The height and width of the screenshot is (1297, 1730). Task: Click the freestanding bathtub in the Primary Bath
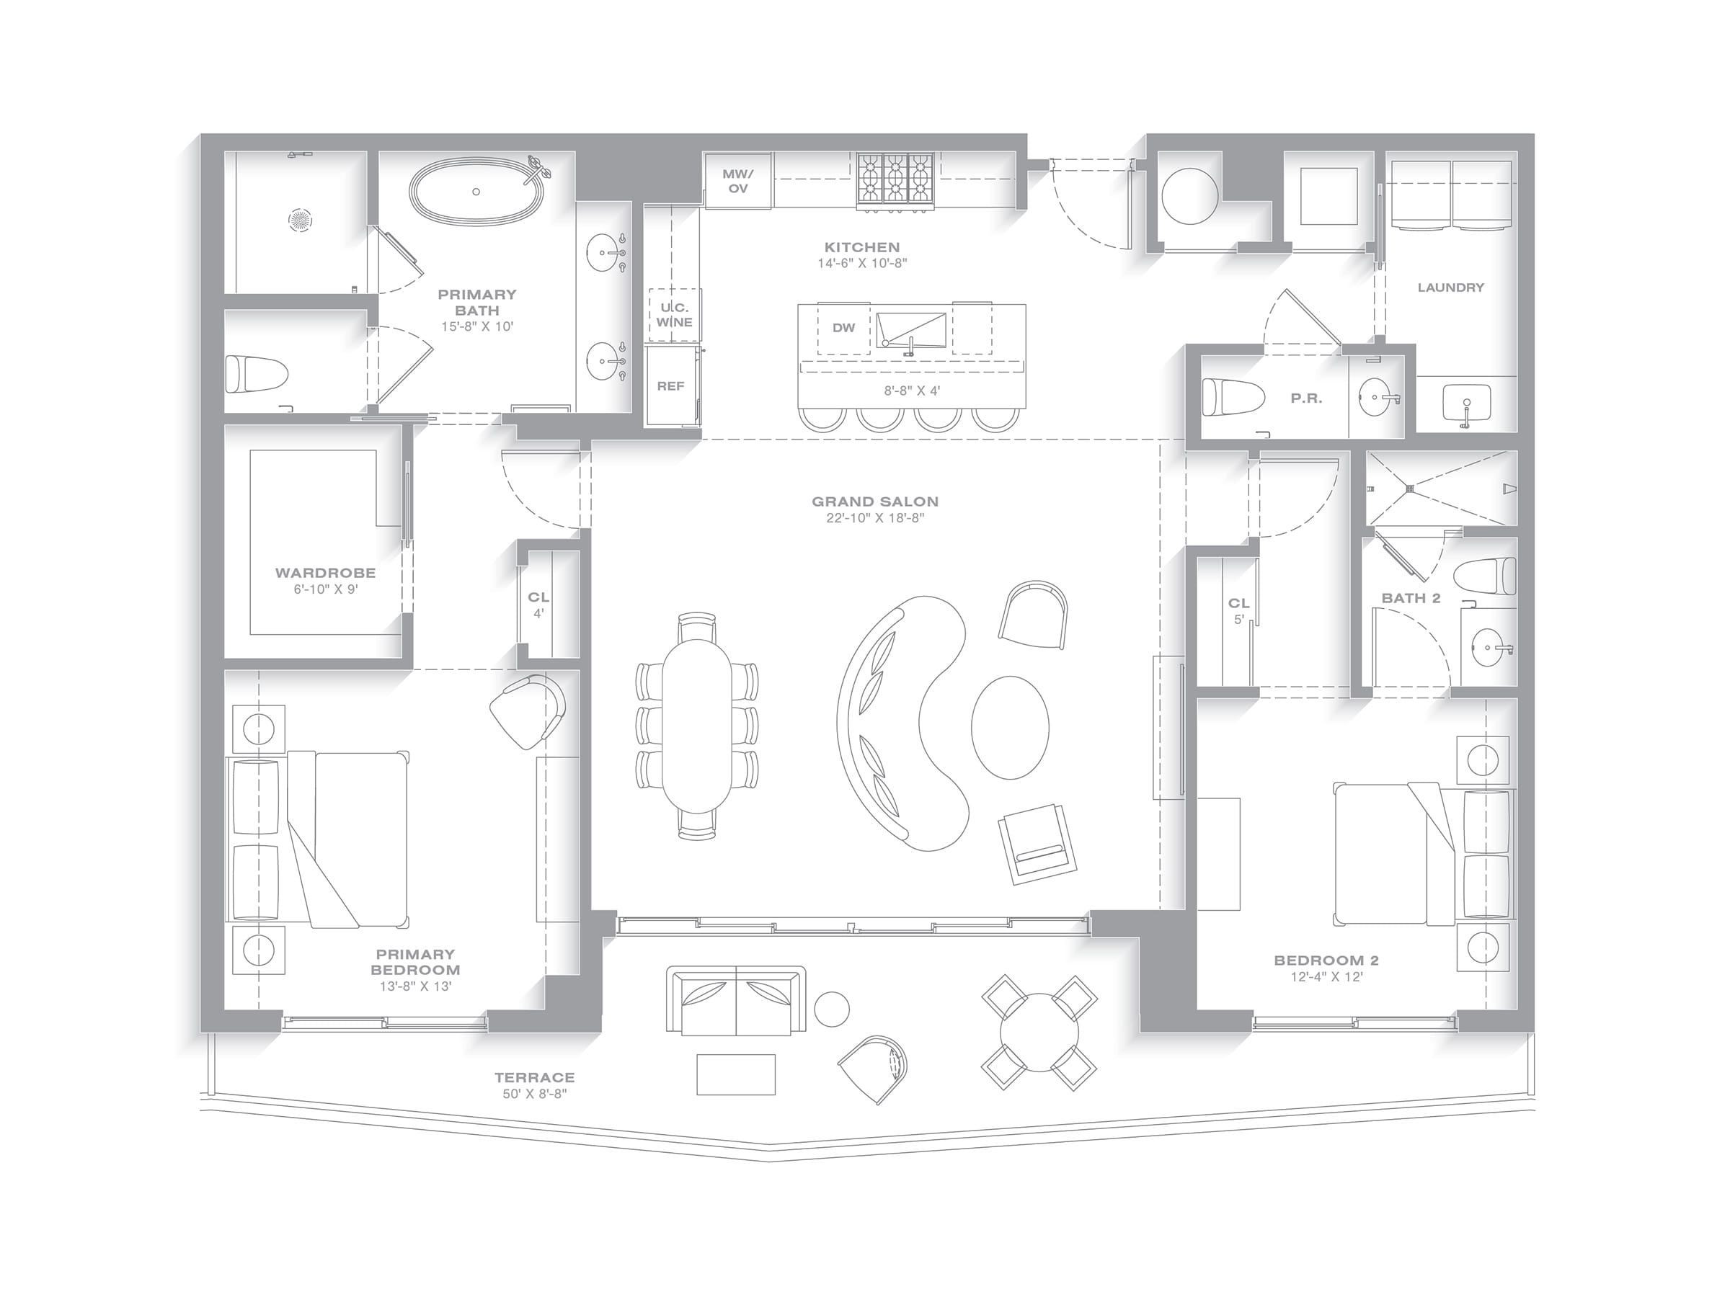pyautogui.click(x=476, y=192)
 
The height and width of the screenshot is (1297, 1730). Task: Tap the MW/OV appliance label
pyautogui.click(x=737, y=182)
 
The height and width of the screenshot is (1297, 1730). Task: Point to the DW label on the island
pyautogui.click(x=843, y=328)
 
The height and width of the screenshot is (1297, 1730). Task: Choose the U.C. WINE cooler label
pyautogui.click(x=674, y=314)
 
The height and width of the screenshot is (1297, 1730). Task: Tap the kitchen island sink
pyautogui.click(x=911, y=330)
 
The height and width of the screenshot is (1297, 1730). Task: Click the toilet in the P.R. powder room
pyautogui.click(x=1233, y=398)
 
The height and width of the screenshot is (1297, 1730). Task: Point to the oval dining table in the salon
pyautogui.click(x=698, y=726)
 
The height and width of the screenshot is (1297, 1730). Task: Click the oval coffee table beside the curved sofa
pyautogui.click(x=1010, y=727)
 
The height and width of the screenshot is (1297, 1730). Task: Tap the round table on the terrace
pyautogui.click(x=1039, y=1033)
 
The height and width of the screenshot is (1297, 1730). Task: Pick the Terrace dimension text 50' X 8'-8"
pyautogui.click(x=534, y=1094)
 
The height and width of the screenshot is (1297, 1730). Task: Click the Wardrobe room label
pyautogui.click(x=325, y=573)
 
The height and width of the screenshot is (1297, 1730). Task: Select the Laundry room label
pyautogui.click(x=1451, y=288)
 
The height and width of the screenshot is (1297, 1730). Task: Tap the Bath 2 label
pyautogui.click(x=1411, y=598)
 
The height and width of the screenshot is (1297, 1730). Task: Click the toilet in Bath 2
pyautogui.click(x=1485, y=577)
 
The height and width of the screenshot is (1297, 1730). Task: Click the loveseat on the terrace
pyautogui.click(x=736, y=1002)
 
